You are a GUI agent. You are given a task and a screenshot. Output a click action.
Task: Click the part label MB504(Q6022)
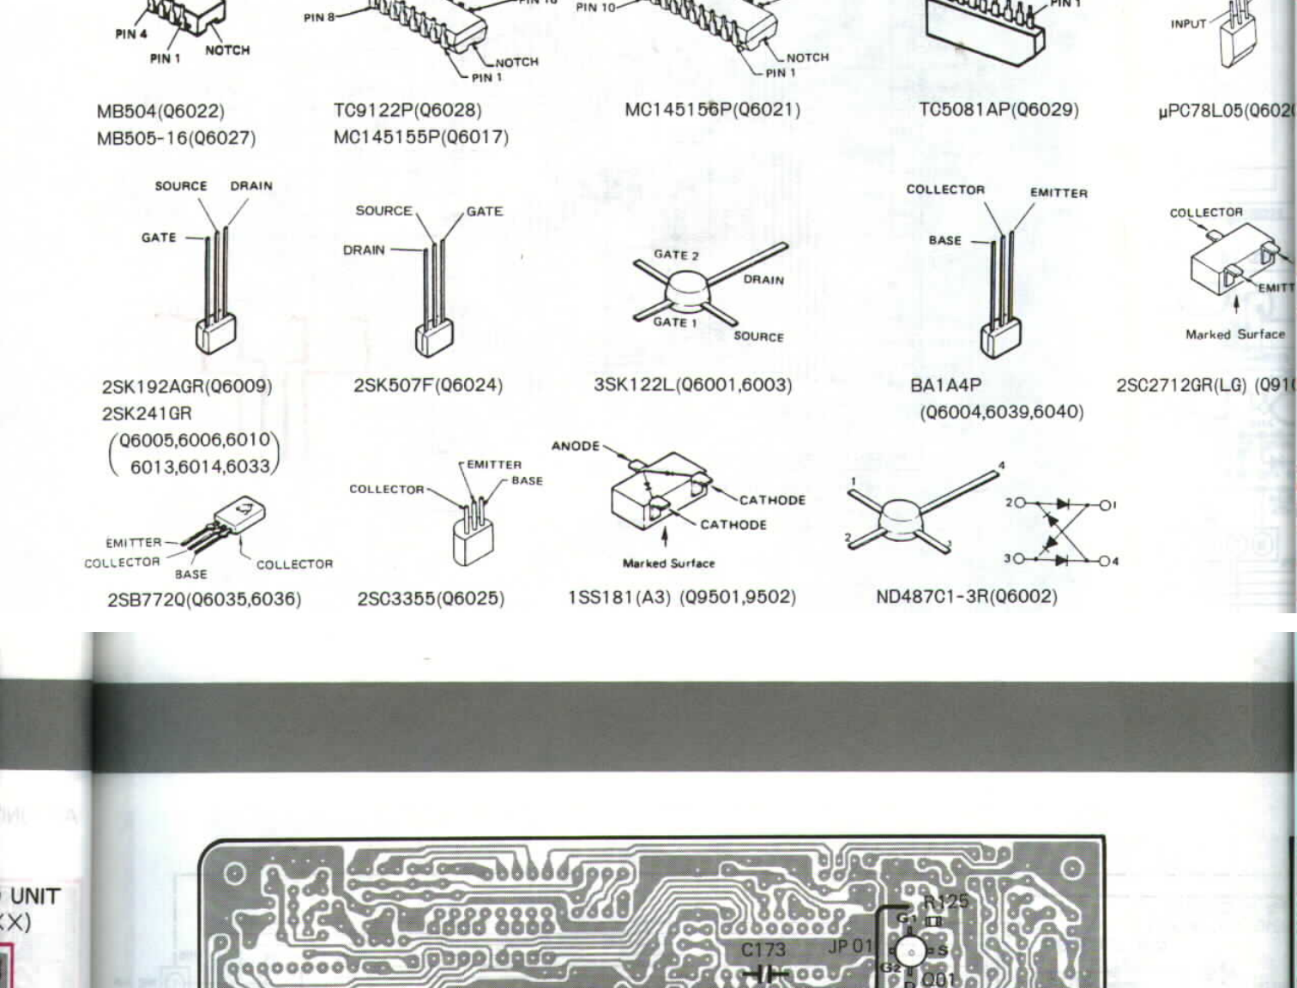click(160, 111)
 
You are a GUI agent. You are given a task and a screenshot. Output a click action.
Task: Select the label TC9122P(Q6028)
click(407, 111)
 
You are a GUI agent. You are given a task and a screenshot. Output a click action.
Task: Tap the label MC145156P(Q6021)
click(712, 110)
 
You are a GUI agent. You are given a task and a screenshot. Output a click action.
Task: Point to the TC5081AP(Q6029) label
click(998, 110)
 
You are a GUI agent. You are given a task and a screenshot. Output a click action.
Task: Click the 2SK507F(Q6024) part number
click(428, 385)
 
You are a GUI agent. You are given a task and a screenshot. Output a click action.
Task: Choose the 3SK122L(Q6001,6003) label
click(692, 384)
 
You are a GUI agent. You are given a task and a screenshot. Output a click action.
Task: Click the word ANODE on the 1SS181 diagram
click(576, 446)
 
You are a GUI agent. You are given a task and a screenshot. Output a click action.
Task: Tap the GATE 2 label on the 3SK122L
click(676, 255)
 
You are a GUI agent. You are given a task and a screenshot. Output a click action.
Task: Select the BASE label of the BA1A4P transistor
click(944, 240)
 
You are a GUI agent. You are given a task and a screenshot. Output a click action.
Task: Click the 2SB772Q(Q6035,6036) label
click(204, 599)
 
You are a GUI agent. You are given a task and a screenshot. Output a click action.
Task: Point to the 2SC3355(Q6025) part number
click(431, 598)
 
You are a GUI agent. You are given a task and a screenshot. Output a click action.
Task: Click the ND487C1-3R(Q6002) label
click(966, 596)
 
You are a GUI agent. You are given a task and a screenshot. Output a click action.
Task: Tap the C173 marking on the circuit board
click(763, 949)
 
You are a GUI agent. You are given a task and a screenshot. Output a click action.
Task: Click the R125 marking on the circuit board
click(945, 901)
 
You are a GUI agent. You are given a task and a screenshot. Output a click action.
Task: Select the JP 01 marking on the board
click(850, 946)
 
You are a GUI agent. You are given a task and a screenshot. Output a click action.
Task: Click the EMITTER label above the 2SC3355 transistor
click(494, 465)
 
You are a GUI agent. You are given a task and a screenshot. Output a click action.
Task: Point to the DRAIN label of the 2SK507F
click(364, 250)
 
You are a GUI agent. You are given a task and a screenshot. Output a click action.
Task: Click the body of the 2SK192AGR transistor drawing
click(215, 334)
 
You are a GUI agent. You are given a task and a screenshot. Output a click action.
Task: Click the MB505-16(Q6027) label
click(176, 138)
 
